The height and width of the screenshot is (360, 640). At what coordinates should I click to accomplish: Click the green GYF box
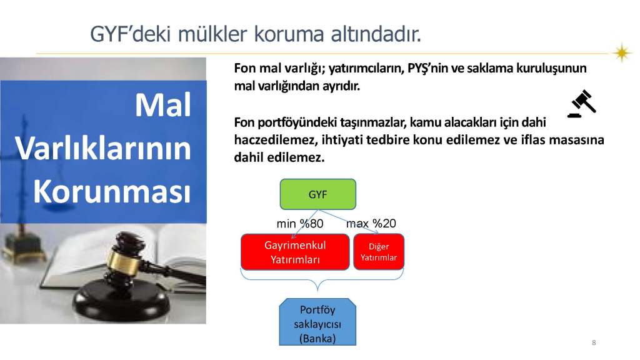317,194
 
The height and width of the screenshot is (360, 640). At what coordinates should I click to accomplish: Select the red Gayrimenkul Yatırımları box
295,252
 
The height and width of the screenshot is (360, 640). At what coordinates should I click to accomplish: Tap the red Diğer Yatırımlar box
379,252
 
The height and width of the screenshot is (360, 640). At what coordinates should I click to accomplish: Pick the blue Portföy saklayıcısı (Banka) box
317,322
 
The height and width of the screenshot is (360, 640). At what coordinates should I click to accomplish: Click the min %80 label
300,224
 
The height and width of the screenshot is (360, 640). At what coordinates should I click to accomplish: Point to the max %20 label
371,223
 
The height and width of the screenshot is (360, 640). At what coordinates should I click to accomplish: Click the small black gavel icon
582,104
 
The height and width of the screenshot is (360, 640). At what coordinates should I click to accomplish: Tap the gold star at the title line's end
622,52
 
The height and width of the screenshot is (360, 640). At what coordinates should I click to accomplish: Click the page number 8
594,342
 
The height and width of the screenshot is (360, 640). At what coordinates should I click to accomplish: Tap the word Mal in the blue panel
163,105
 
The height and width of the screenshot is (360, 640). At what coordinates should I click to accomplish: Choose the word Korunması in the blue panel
112,191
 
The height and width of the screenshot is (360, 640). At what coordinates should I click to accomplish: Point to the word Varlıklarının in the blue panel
103,148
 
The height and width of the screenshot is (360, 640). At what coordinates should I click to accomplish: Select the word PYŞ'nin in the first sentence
427,68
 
